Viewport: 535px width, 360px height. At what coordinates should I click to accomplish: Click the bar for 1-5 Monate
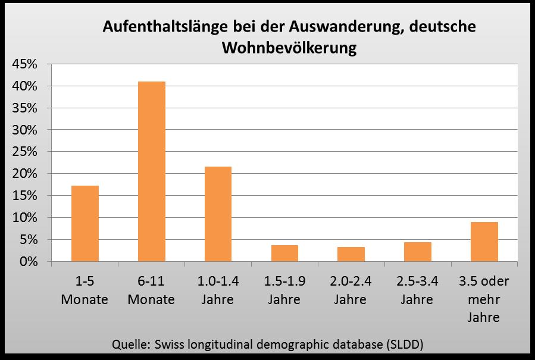[85, 224]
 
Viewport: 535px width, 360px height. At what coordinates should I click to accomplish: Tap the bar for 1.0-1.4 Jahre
[218, 214]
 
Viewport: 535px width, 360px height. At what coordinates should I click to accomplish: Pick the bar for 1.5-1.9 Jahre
[284, 253]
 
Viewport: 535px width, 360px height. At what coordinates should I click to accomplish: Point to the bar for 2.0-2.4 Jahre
[351, 254]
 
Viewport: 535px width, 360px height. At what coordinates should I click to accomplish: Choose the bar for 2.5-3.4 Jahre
[417, 252]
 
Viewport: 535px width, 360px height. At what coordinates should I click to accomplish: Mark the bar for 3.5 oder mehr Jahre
[484, 242]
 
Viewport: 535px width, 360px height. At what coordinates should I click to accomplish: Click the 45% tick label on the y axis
[25, 64]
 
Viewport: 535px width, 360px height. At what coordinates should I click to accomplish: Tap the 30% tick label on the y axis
[25, 130]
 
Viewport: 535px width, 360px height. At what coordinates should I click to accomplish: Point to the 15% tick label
[25, 196]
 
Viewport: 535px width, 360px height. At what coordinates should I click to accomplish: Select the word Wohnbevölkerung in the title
[289, 48]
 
